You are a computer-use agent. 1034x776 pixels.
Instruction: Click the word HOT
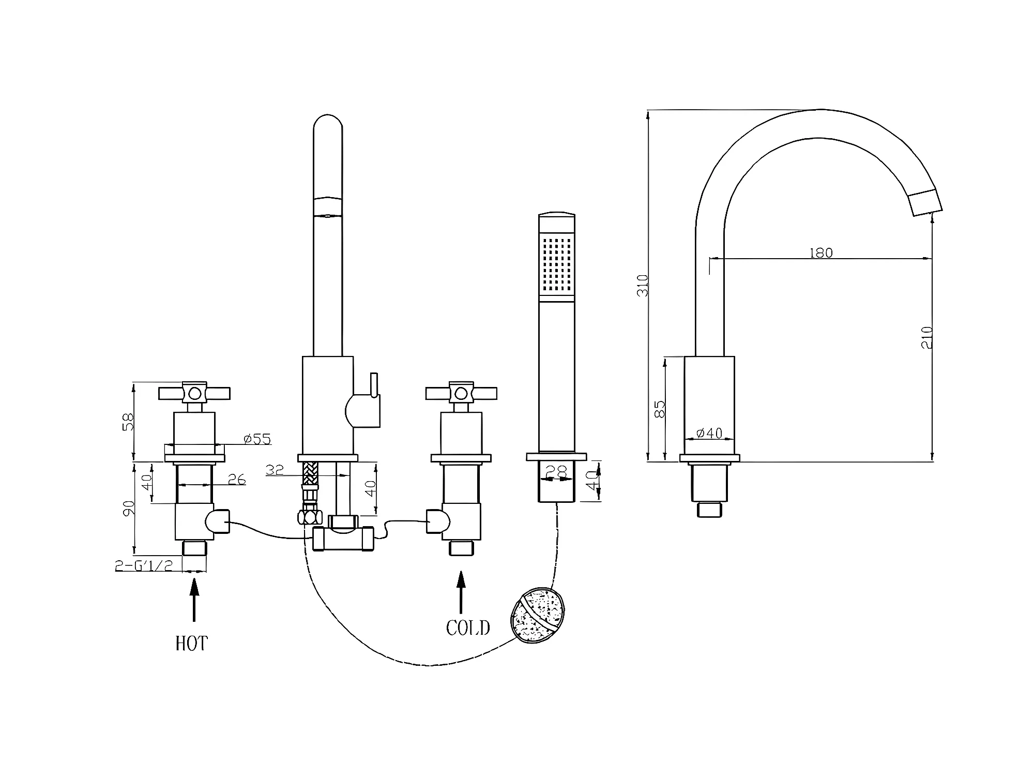(x=192, y=644)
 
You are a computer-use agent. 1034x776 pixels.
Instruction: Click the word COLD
(x=468, y=628)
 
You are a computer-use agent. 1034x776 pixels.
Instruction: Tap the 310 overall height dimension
(x=643, y=285)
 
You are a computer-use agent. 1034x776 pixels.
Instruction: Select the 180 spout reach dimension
(x=821, y=253)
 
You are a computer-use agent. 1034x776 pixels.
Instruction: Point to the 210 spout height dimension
(x=926, y=337)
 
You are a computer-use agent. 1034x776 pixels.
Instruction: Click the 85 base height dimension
(x=659, y=409)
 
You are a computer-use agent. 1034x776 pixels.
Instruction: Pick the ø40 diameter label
(x=709, y=433)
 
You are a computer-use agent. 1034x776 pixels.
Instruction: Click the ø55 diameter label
(x=257, y=439)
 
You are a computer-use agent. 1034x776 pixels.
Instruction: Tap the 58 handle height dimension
(x=128, y=422)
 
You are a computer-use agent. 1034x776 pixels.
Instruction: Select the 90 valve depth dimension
(x=129, y=508)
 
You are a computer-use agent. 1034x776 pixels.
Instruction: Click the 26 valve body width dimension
(x=236, y=480)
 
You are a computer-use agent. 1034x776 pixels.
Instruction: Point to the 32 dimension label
(x=275, y=470)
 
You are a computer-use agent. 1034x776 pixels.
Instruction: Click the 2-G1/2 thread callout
(x=144, y=565)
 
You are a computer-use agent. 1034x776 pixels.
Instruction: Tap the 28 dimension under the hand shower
(x=556, y=471)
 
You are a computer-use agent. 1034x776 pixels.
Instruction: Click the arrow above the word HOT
(x=194, y=600)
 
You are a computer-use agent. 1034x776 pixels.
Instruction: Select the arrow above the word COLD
(x=461, y=592)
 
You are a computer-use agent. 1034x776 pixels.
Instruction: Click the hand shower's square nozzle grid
(x=557, y=265)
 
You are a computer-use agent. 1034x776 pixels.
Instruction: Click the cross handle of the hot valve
(x=194, y=394)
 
